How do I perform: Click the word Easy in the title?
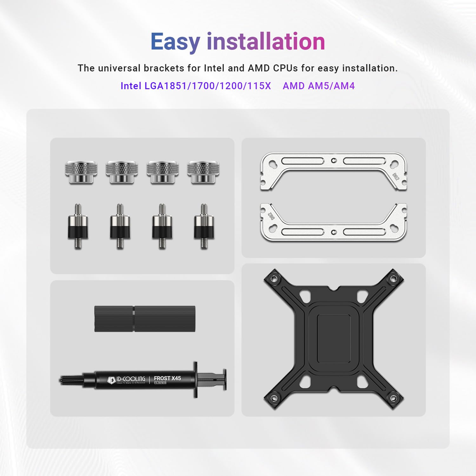[175, 42]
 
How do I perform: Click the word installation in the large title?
[266, 42]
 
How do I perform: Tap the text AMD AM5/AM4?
[319, 86]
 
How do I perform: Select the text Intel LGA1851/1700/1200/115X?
[195, 86]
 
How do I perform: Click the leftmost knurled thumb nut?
[81, 172]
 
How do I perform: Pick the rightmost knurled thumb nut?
[203, 172]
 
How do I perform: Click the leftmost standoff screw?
[78, 226]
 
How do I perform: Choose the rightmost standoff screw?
[204, 226]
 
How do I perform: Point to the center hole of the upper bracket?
[333, 161]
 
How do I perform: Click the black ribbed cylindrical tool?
[145, 319]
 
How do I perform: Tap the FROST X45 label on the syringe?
[167, 378]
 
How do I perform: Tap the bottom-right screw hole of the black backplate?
[393, 399]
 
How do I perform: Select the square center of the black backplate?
[334, 339]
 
